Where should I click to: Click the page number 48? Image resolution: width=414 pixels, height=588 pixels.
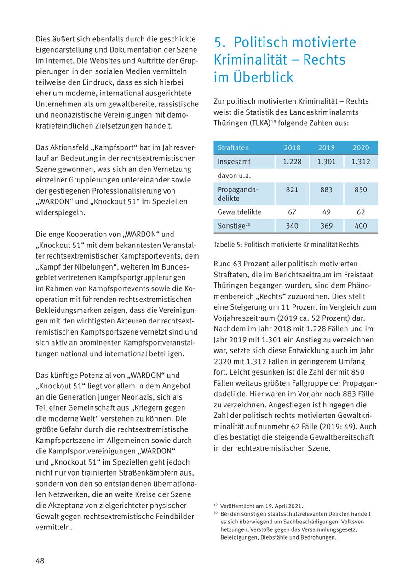(40, 560)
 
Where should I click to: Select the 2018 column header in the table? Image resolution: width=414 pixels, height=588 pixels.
(292, 148)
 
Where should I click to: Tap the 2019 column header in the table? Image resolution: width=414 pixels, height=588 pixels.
(327, 148)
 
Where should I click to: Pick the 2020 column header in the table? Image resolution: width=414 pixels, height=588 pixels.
(361, 148)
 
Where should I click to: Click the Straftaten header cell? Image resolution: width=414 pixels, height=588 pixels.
(233, 148)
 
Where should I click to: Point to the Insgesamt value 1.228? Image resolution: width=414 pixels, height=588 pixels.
(292, 162)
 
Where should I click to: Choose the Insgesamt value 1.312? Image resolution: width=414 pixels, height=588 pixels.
(361, 162)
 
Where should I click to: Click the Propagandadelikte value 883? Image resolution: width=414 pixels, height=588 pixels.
(327, 190)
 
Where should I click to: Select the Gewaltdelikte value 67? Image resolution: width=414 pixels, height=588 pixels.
(292, 212)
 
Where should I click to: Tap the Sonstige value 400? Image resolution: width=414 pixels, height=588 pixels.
(361, 226)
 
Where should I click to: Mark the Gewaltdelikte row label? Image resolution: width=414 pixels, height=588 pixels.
(239, 212)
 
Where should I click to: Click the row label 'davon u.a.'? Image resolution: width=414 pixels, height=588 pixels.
(234, 176)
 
